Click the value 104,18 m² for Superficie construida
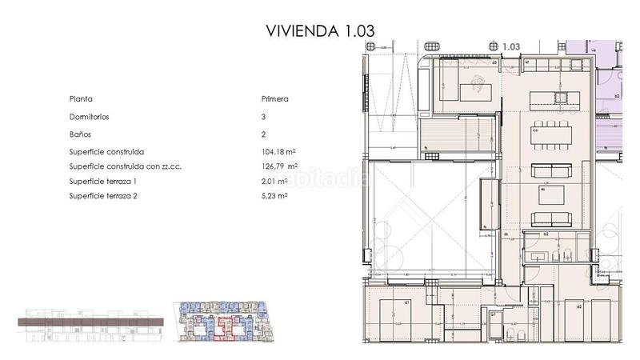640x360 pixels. point(276,151)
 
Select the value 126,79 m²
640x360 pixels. point(276,166)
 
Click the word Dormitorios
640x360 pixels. point(90,117)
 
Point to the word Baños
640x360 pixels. point(80,134)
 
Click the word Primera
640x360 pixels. point(274,99)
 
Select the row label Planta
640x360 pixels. point(81,99)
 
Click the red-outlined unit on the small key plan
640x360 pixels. point(225,327)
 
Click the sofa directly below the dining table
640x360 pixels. point(551,170)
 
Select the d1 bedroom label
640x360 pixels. point(407,303)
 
